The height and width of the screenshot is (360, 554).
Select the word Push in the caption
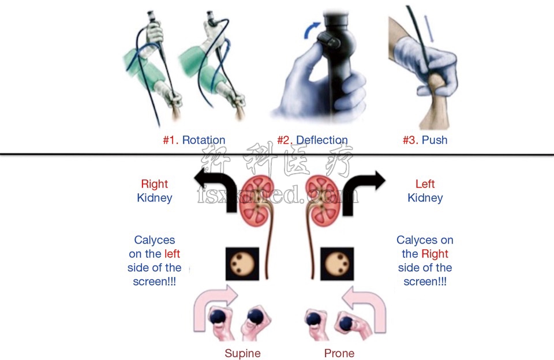[x=435, y=140]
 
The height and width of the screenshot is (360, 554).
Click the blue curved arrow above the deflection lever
[x=312, y=29]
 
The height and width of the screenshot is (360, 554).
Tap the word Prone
[x=339, y=353]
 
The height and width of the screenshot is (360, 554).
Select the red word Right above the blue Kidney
[x=154, y=184]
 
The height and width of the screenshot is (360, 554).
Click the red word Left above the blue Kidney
[x=425, y=184]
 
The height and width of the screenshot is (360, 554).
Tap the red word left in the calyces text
[x=172, y=254]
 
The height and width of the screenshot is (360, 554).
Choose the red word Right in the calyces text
[x=435, y=254]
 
